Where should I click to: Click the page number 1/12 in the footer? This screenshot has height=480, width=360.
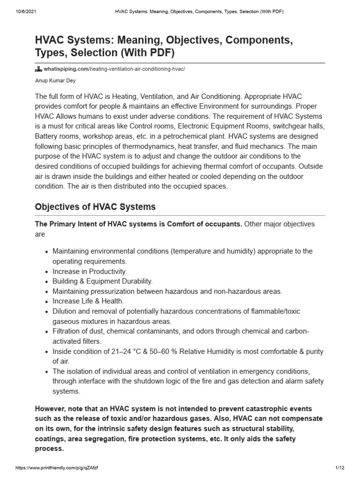click(x=340, y=468)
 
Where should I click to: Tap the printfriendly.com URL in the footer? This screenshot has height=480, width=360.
click(x=57, y=468)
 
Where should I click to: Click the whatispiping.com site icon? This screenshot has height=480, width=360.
click(x=38, y=69)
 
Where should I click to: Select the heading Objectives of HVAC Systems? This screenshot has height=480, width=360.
click(x=95, y=207)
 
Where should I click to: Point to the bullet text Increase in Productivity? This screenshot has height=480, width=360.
click(x=90, y=271)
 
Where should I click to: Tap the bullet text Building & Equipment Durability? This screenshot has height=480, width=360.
click(x=103, y=281)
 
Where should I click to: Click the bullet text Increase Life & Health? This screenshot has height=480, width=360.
click(x=88, y=301)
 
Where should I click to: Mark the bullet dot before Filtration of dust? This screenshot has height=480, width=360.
click(x=46, y=331)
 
